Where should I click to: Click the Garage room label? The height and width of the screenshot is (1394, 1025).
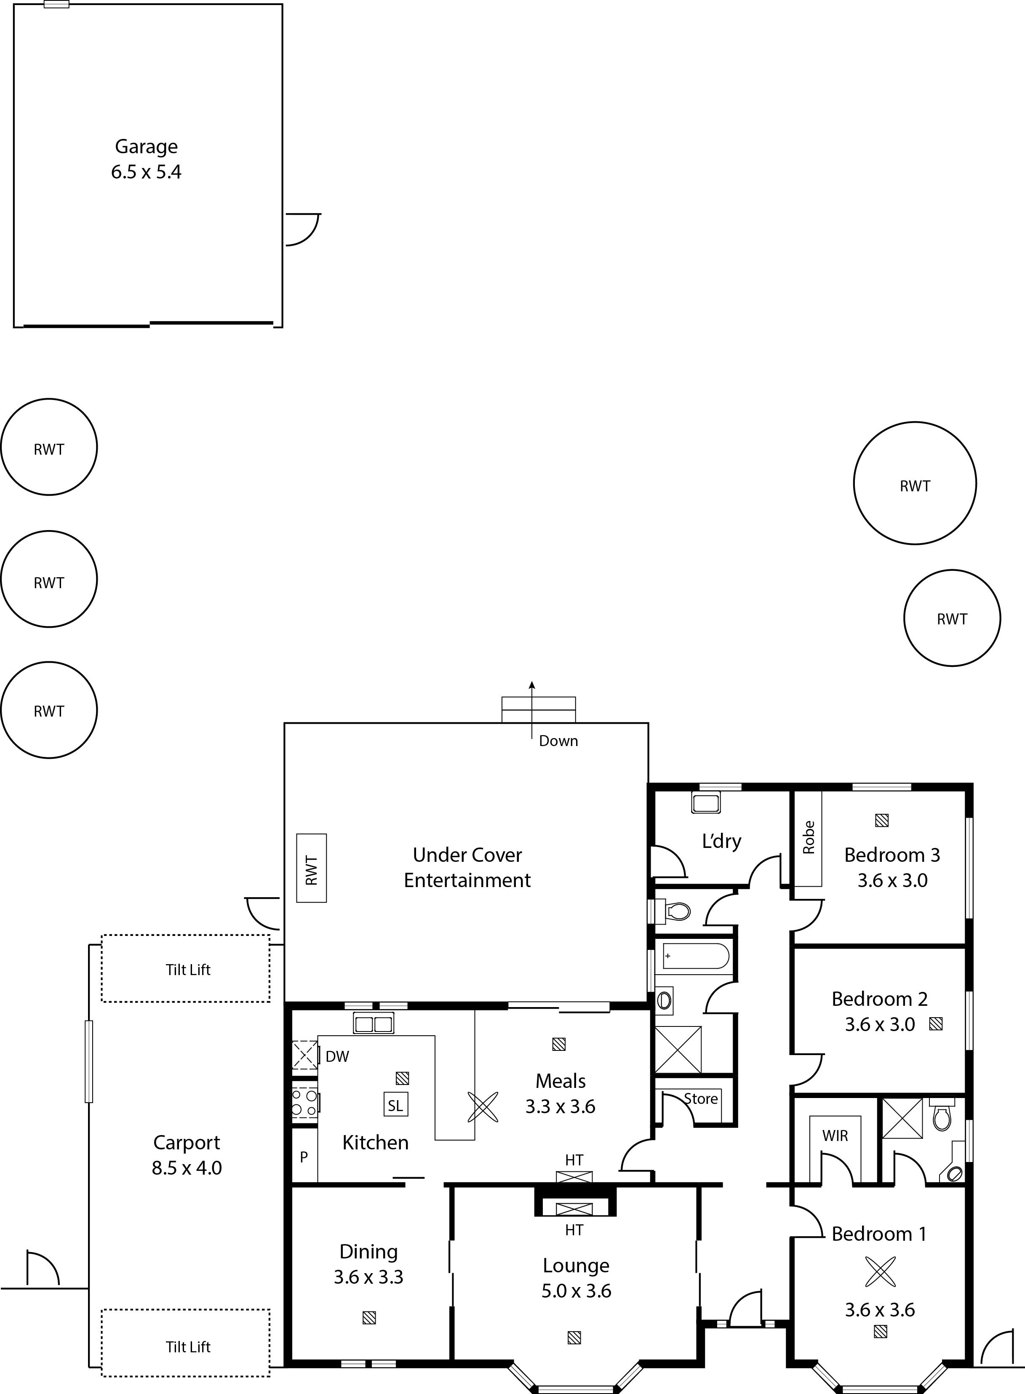click(147, 147)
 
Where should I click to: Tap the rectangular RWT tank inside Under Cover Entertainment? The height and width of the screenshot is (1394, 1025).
click(312, 867)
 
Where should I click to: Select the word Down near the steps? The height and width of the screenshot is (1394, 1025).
click(558, 741)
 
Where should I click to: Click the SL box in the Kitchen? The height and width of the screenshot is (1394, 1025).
click(396, 1103)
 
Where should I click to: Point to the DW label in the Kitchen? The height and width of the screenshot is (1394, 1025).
click(338, 1056)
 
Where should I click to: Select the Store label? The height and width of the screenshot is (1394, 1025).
click(701, 1099)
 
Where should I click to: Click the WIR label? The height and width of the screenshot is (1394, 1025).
click(835, 1136)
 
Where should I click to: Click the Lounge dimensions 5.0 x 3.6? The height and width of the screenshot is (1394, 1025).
click(577, 1291)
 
